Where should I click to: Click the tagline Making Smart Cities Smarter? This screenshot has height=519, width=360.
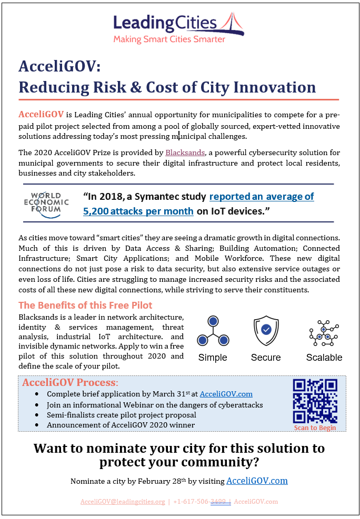[x=169, y=39]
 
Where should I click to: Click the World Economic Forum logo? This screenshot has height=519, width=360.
[x=46, y=203]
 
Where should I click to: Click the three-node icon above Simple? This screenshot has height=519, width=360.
[x=213, y=331]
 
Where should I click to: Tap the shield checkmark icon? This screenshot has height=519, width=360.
[x=266, y=329]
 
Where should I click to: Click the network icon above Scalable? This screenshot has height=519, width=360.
[x=324, y=332]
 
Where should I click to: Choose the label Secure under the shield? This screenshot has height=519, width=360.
[x=266, y=358]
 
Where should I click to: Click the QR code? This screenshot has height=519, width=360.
[x=315, y=401]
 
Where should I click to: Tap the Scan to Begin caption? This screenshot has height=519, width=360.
[x=315, y=428]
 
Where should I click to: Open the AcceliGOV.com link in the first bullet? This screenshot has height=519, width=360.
[x=226, y=393]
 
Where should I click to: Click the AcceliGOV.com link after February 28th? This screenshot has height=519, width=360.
[x=257, y=481]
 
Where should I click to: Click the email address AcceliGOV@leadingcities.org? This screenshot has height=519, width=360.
[x=123, y=502]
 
